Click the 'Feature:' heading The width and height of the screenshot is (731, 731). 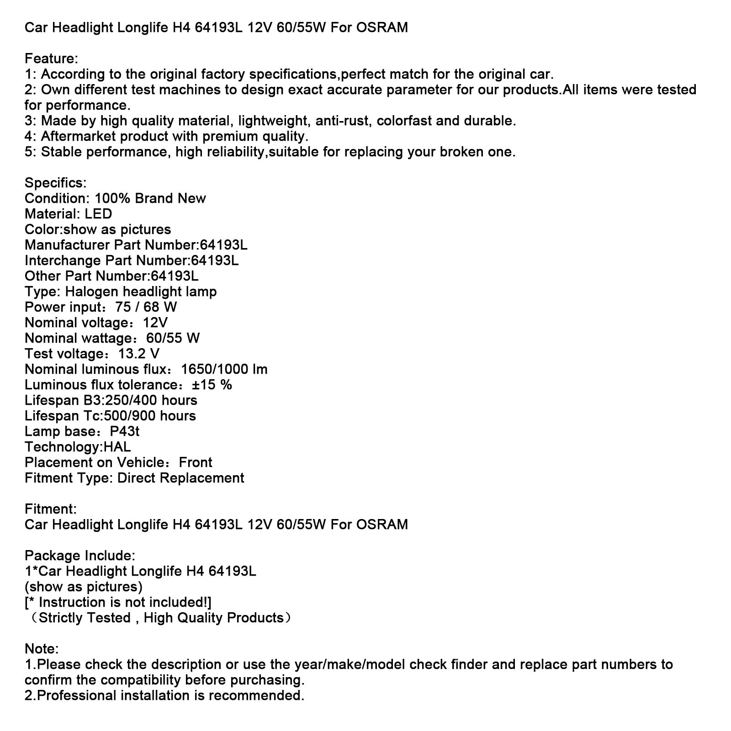coord(51,58)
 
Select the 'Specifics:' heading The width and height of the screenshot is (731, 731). coord(55,183)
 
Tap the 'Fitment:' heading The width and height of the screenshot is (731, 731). coord(50,509)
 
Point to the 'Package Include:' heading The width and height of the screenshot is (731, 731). coord(80,556)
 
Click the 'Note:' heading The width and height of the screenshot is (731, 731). coord(42,649)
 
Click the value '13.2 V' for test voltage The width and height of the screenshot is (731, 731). coord(139,354)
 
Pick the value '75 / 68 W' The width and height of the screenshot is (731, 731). coord(146,307)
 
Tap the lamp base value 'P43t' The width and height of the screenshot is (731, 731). coord(125,431)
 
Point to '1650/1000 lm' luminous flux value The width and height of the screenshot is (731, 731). coord(224,369)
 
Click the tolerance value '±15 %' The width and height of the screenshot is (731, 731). coord(212,385)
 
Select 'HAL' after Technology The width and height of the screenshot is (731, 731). coord(117,447)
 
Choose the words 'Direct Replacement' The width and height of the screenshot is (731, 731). coord(180,478)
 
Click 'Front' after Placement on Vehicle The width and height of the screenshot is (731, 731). coord(196,462)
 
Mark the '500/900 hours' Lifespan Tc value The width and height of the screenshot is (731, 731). coord(150,416)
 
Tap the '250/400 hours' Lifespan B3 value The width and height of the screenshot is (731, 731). coord(151,400)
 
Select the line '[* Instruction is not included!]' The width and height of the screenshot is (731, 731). coord(118,602)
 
